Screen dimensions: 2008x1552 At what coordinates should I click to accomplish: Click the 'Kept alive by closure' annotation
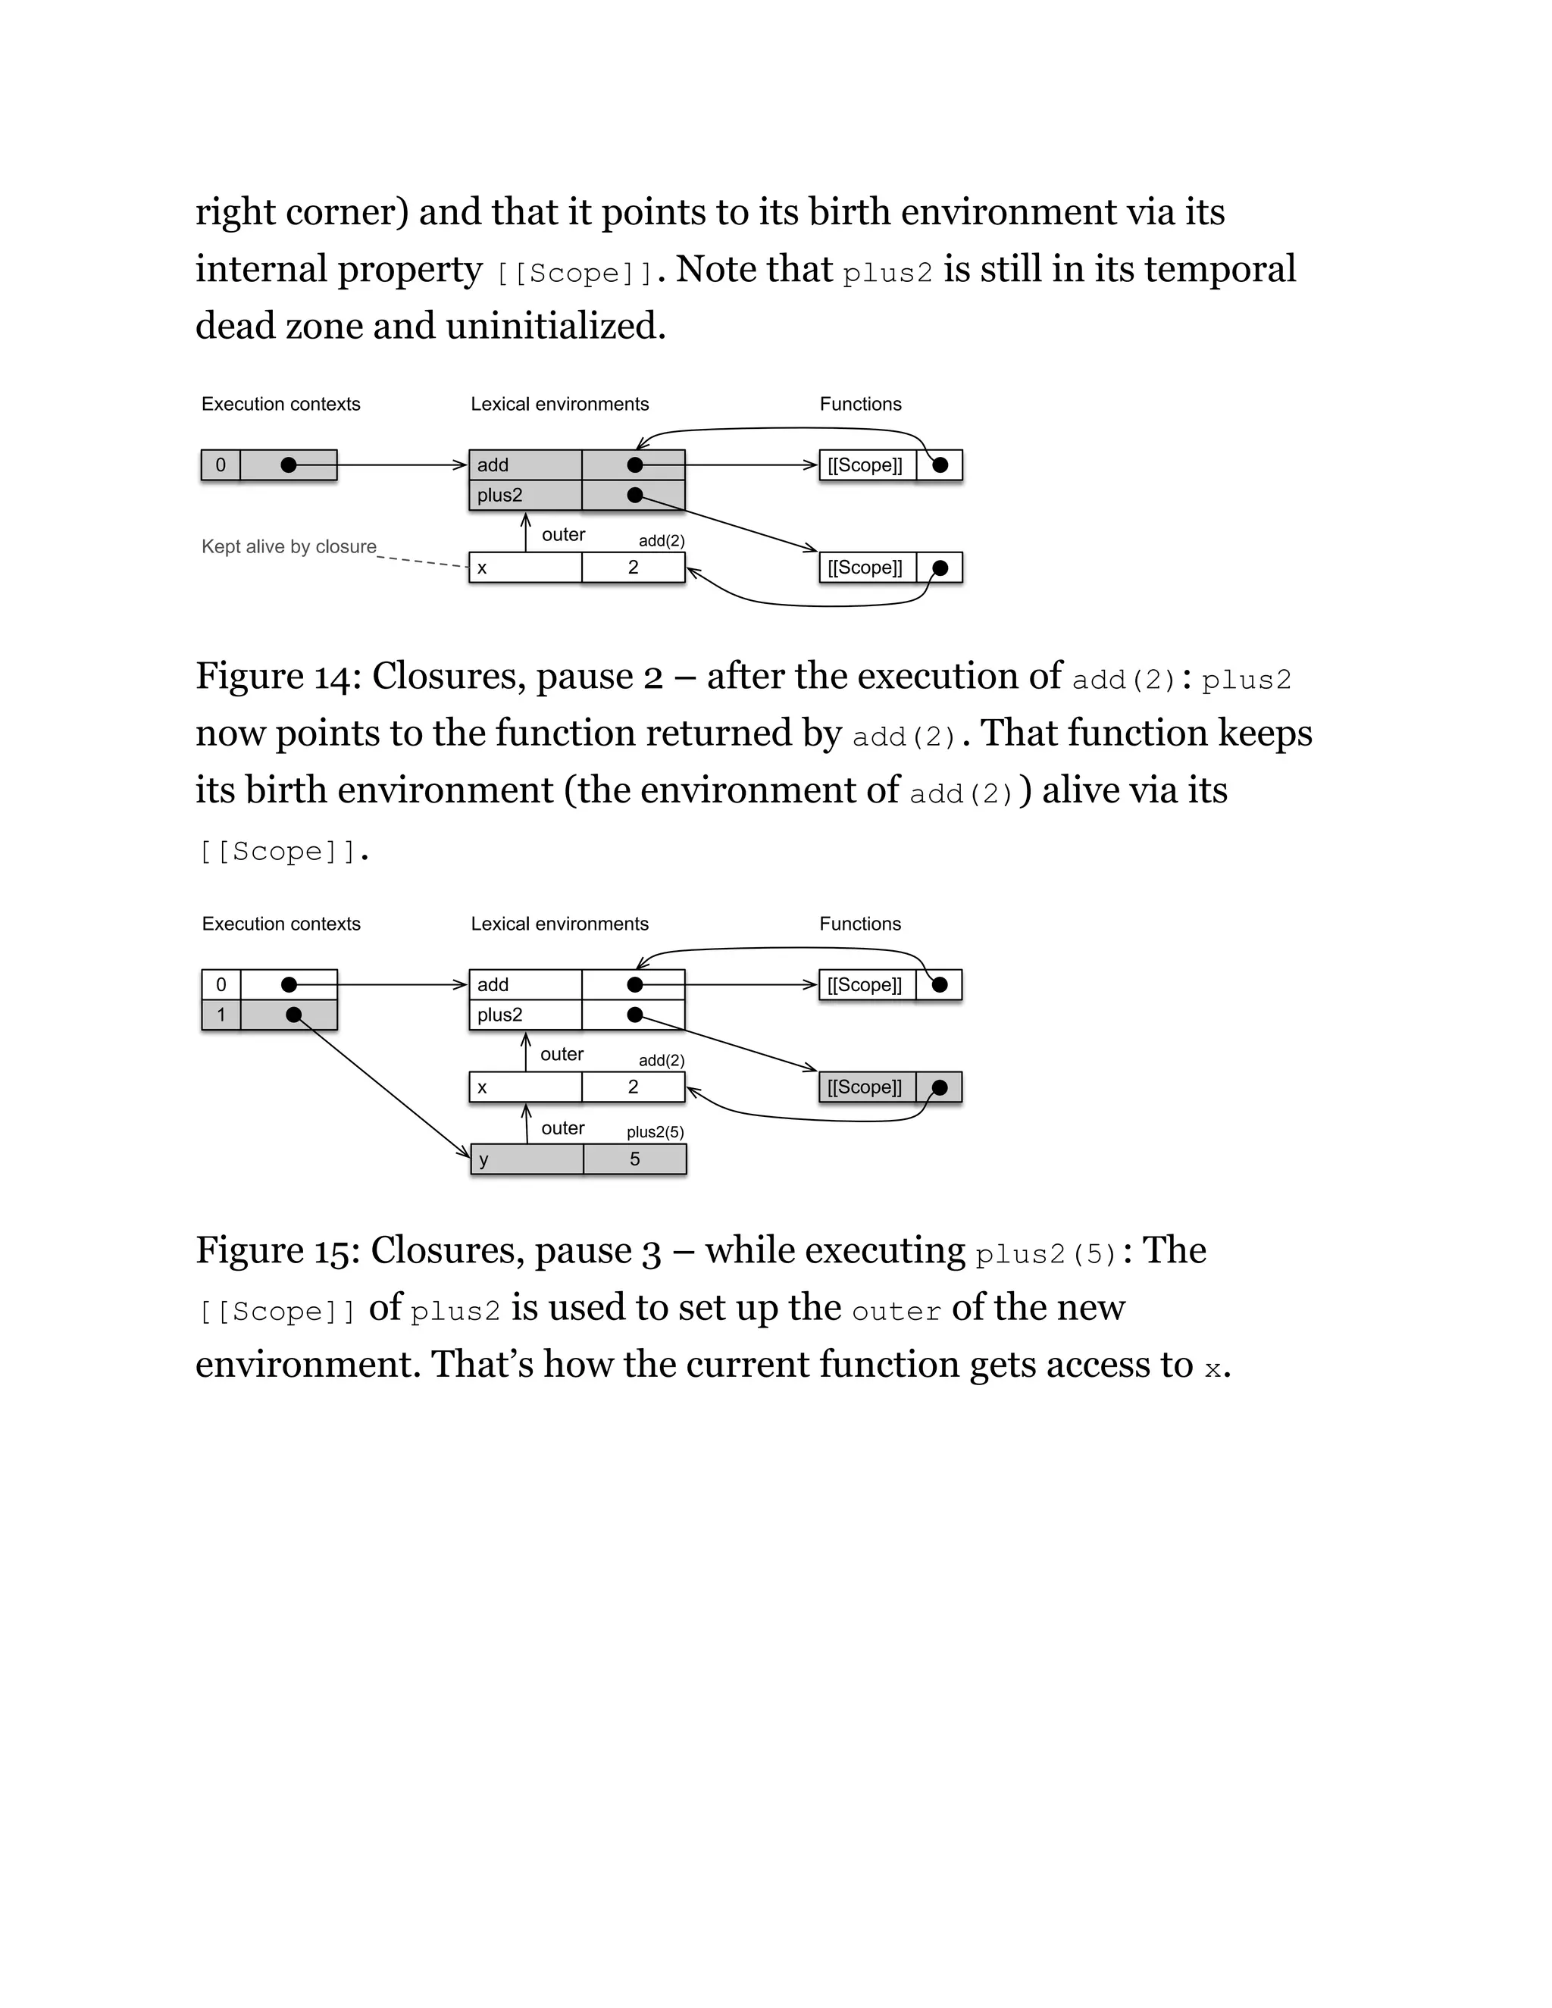289,546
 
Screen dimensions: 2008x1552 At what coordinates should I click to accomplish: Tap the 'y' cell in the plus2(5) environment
526,1159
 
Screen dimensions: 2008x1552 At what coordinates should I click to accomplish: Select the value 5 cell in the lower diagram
634,1159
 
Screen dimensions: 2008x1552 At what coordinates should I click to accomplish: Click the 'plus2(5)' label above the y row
655,1132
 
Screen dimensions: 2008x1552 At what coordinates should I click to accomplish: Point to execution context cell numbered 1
221,1015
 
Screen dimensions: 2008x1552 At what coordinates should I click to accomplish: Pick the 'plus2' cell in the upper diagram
524,495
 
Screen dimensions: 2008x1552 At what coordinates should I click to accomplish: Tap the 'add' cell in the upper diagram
524,465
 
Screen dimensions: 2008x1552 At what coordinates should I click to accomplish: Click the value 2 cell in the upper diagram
634,568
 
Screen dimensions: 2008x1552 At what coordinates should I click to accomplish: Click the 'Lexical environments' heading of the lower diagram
559,923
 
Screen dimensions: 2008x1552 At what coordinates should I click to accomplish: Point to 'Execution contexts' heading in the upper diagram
280,404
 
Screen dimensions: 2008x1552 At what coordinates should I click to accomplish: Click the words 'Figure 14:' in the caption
277,677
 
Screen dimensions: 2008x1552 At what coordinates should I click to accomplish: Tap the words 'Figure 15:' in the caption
277,1251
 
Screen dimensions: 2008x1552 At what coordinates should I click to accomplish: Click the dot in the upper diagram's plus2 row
634,495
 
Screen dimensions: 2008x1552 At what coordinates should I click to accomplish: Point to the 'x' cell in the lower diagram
524,1087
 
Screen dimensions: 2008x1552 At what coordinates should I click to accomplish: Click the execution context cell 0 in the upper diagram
221,465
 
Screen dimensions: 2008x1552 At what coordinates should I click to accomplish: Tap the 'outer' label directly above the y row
563,1128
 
